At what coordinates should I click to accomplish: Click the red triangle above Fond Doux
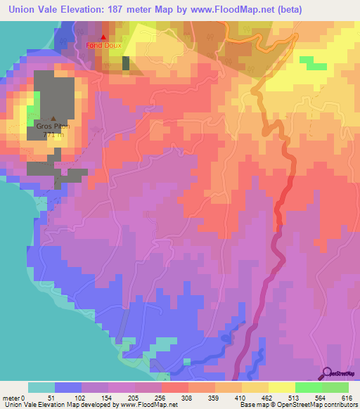(x=103, y=37)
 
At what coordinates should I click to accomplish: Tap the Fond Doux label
(x=103, y=46)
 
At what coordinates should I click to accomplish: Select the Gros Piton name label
(x=53, y=127)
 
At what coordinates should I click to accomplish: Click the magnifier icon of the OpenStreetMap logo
(x=327, y=372)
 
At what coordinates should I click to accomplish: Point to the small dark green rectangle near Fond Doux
(x=126, y=63)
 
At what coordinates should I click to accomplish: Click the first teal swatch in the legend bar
(x=41, y=387)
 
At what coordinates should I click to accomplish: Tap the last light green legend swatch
(x=335, y=387)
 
